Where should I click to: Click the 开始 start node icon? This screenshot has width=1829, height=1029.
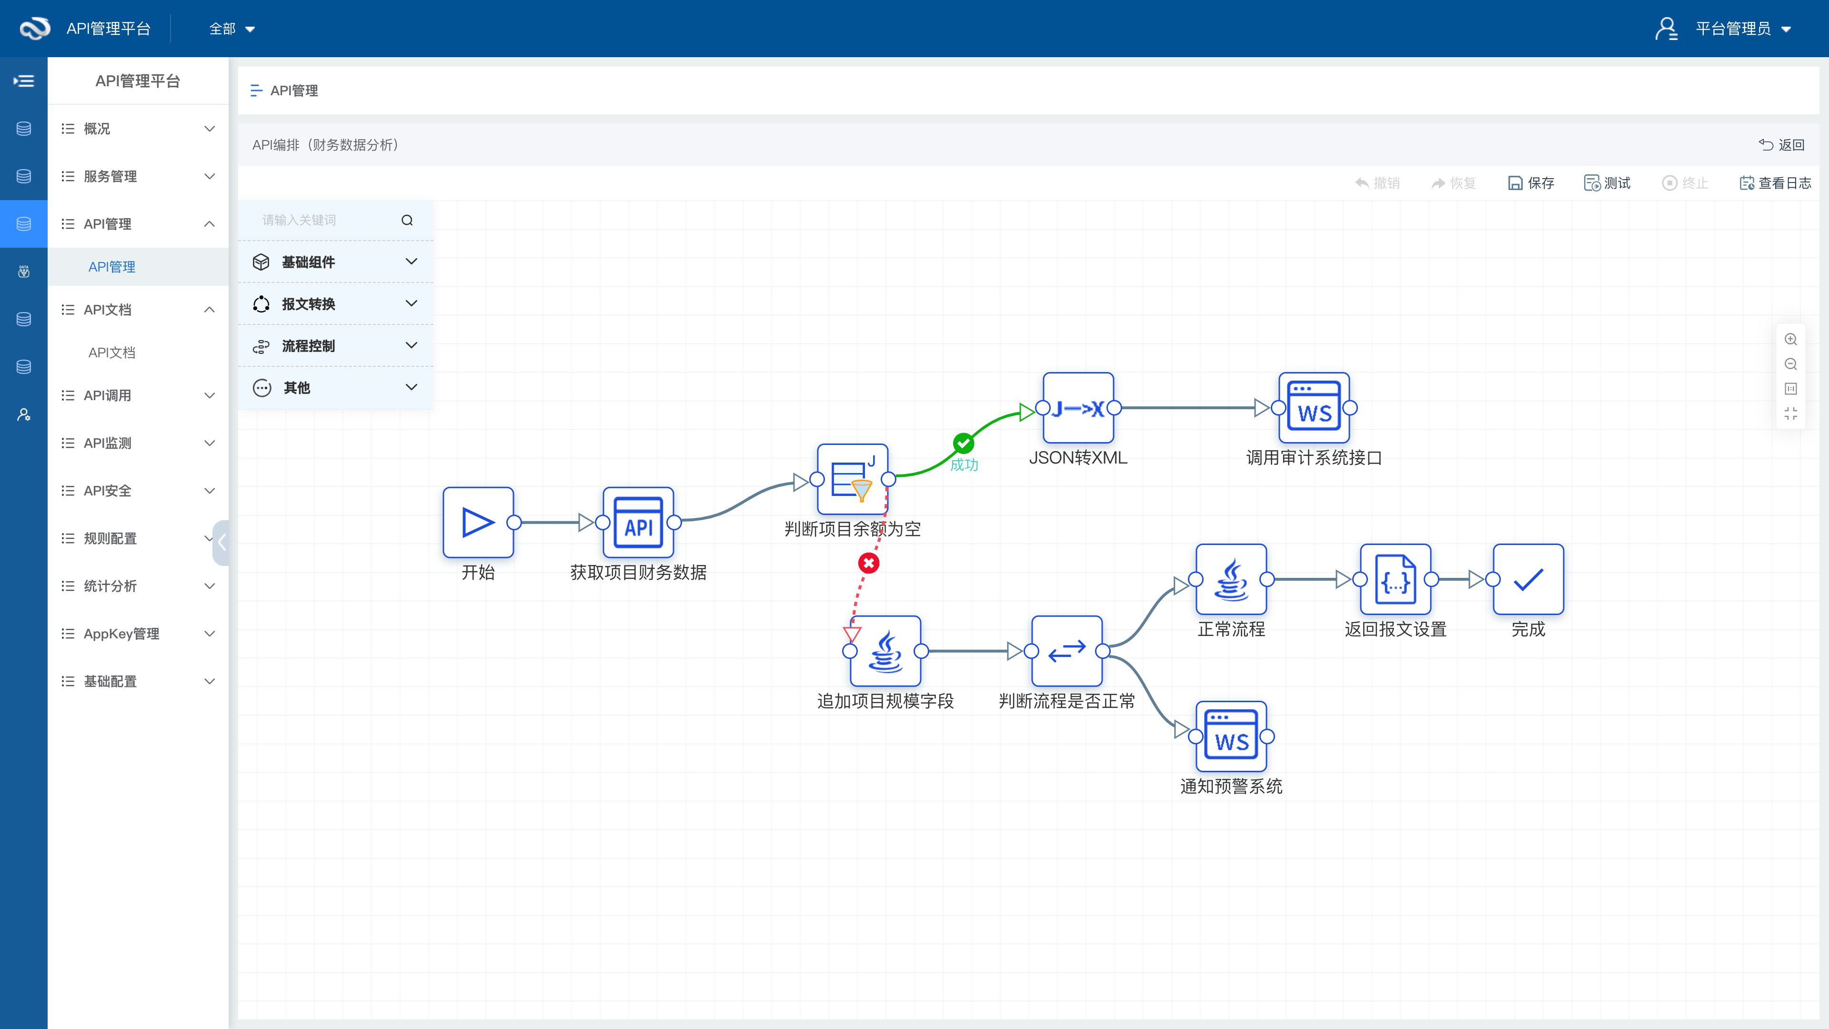point(478,523)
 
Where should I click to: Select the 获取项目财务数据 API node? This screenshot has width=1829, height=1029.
point(638,523)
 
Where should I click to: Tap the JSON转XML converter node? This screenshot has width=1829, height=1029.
point(1078,408)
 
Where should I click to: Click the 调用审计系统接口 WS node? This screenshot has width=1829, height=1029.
point(1314,408)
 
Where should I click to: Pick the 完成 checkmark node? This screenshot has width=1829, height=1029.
point(1528,579)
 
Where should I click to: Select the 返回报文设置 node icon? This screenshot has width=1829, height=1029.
point(1395,579)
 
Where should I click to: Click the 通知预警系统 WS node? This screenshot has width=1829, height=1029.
point(1231,736)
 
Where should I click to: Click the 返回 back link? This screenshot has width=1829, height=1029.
point(1782,145)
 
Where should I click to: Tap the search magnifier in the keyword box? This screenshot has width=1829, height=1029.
point(407,220)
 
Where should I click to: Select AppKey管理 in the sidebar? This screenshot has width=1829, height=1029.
point(121,634)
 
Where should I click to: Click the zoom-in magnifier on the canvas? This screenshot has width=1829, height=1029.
point(1791,340)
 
